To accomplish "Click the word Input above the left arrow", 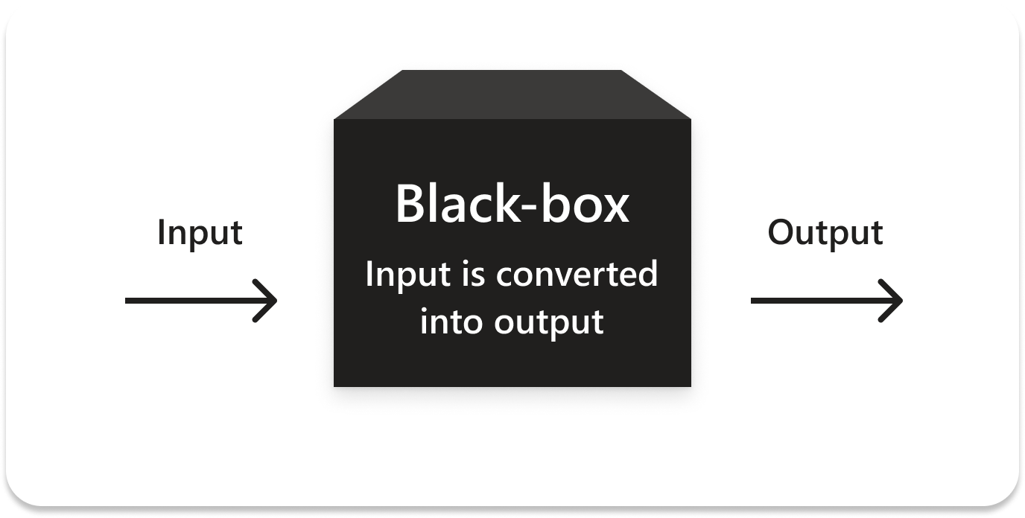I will point(200,233).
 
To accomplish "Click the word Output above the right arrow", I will point(825,233).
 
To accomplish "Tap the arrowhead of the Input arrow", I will point(267,301).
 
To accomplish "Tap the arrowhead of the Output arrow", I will point(892,301).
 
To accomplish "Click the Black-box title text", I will point(512,204).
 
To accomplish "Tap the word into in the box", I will point(445,322).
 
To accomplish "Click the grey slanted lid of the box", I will point(512,95).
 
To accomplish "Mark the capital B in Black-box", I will point(410,204).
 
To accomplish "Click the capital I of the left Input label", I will point(161,232).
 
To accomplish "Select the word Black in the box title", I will point(461,204).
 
